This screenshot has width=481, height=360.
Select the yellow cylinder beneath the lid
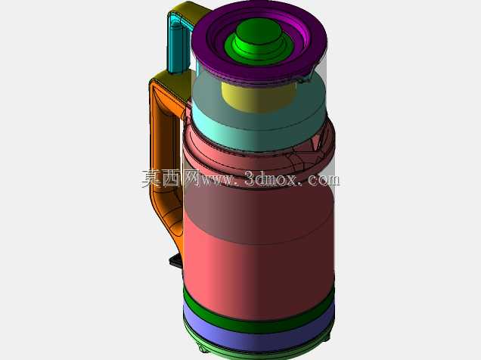(258, 97)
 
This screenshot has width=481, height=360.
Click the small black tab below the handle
(175, 261)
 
